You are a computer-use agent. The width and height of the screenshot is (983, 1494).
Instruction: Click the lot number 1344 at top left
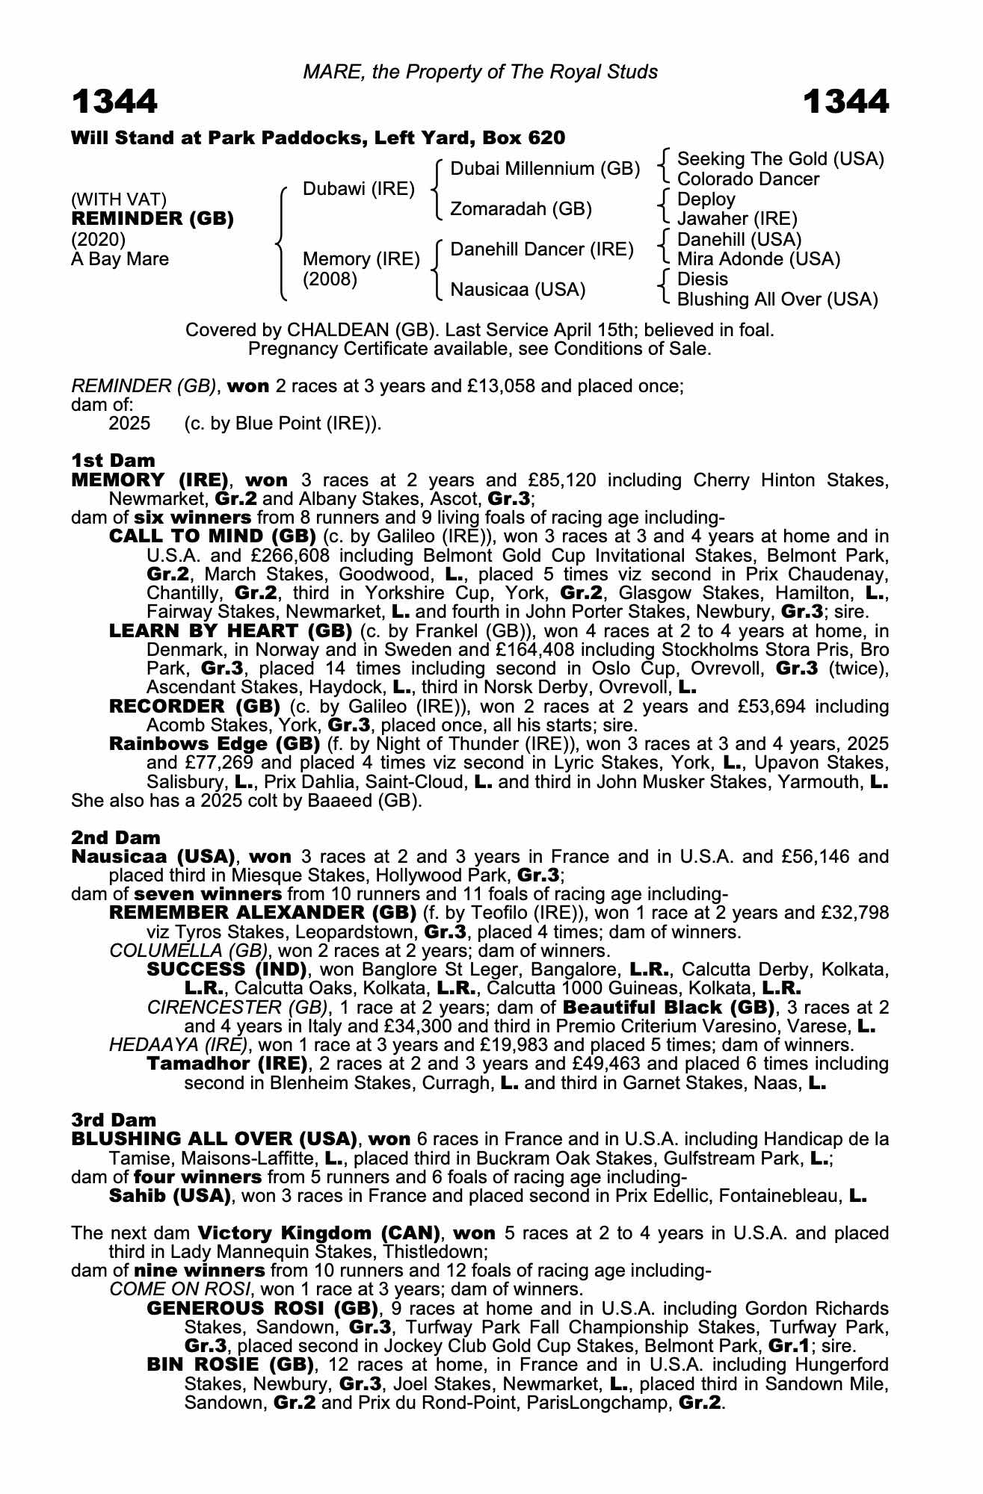tap(114, 102)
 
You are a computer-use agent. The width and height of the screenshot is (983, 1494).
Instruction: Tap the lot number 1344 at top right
tap(845, 102)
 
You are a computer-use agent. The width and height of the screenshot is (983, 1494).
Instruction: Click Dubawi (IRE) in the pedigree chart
tap(358, 189)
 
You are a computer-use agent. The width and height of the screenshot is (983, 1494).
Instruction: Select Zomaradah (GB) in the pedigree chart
tap(521, 209)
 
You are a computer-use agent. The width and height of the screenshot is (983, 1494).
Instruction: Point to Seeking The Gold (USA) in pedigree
tap(780, 159)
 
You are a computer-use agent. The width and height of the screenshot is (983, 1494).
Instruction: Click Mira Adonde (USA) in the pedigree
tap(758, 259)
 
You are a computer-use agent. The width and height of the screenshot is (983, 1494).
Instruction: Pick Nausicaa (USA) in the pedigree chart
tap(517, 289)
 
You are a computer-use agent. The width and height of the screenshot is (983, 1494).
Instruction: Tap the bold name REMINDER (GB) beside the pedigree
tap(152, 219)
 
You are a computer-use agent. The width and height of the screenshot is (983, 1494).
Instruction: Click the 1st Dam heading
tap(113, 460)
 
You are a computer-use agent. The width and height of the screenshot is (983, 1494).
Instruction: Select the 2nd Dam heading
tap(115, 838)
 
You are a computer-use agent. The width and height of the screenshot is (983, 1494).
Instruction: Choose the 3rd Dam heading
tap(114, 1120)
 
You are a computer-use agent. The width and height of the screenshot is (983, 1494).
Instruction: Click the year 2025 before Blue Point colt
tap(129, 424)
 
